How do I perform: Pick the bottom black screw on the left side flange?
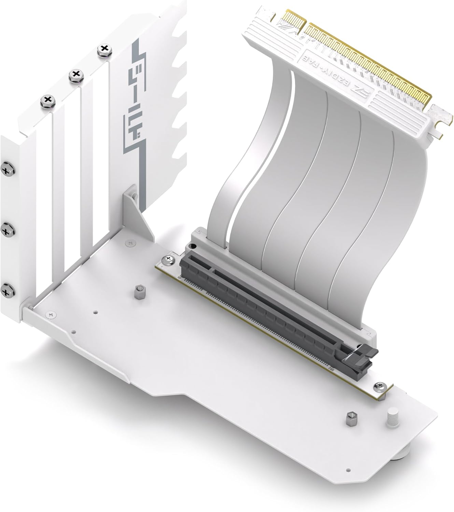6,290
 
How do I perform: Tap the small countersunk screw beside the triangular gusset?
130,243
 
